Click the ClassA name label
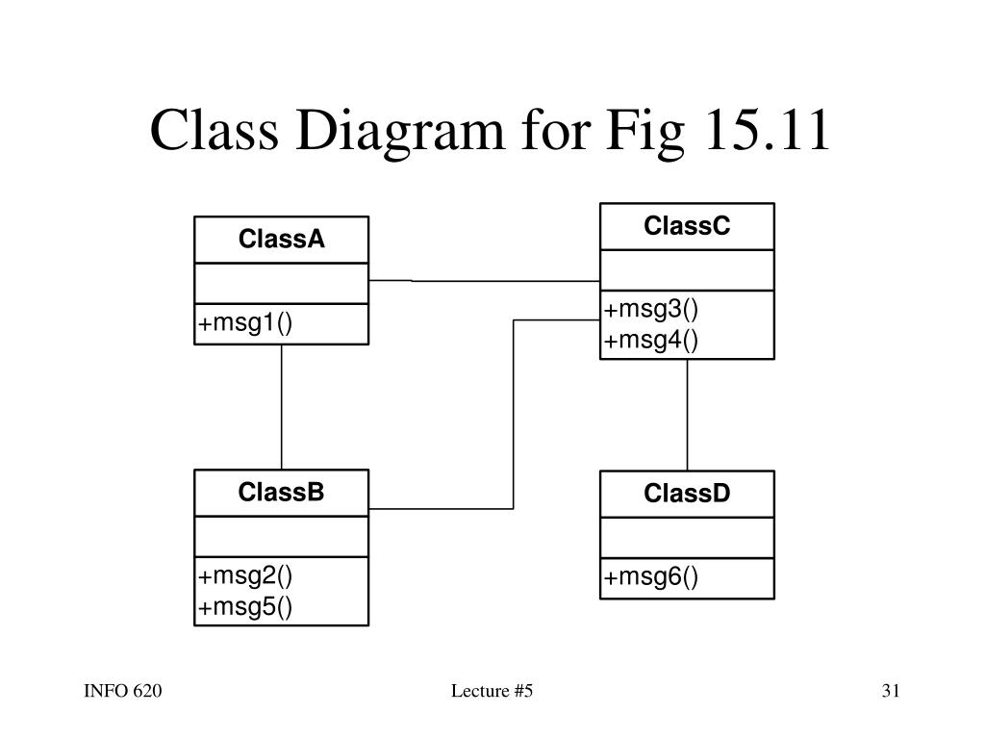coord(282,239)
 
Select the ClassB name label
coord(282,492)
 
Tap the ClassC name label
coord(687,225)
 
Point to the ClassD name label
coord(687,494)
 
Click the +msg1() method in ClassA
coord(245,323)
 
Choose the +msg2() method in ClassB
coord(245,575)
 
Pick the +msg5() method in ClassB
coord(245,607)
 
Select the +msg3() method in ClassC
coord(651,309)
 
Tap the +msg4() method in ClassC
coord(651,341)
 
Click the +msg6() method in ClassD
coord(651,577)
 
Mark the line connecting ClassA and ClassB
coord(282,407)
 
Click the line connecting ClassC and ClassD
coord(687,415)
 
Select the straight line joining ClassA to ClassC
coord(485,281)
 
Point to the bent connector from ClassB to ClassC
coord(514,415)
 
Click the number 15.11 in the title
coord(768,130)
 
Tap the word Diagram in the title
coord(400,133)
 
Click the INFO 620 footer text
coord(122,691)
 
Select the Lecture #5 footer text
coord(492,691)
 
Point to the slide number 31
coord(891,691)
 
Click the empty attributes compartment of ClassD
coord(687,538)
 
